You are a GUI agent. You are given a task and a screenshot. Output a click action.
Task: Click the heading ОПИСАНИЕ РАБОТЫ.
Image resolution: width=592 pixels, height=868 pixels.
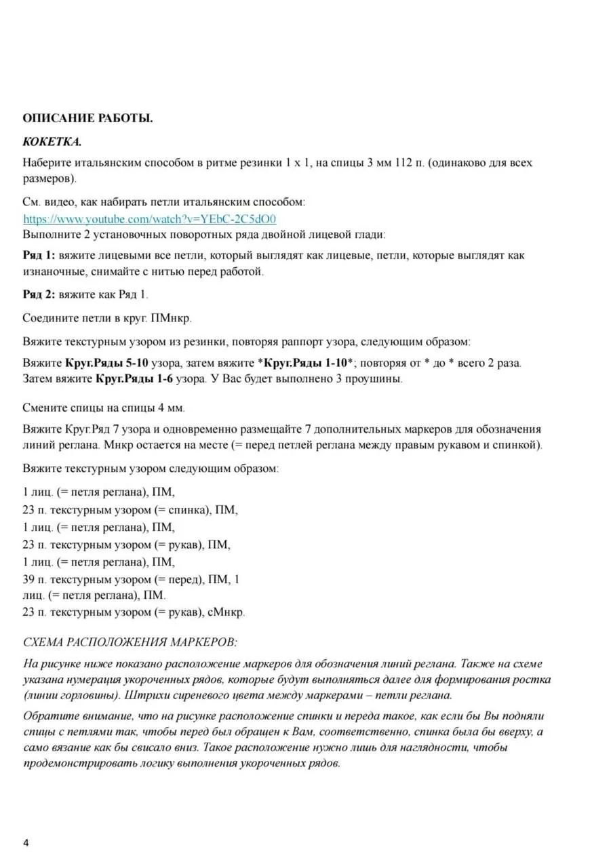point(87,118)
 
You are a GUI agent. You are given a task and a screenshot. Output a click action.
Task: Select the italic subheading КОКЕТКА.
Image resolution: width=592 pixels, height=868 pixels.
point(52,142)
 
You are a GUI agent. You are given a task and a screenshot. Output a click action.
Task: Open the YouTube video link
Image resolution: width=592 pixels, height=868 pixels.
point(150,219)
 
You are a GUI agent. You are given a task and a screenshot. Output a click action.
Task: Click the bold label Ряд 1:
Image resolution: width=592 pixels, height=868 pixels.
point(39,256)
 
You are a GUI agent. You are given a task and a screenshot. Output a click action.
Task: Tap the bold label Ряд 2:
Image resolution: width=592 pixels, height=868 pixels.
point(39,294)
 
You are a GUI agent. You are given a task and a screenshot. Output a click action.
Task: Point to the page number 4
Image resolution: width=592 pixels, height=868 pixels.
point(26,843)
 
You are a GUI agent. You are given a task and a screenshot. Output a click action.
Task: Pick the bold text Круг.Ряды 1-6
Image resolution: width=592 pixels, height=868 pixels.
point(134,379)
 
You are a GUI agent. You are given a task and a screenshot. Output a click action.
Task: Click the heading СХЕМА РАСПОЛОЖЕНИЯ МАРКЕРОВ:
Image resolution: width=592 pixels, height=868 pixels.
point(130,642)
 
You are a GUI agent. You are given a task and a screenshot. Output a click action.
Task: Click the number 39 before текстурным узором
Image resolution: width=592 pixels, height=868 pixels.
point(30,580)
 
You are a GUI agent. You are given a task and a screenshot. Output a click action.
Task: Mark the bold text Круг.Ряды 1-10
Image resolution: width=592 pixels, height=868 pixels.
point(308,363)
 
